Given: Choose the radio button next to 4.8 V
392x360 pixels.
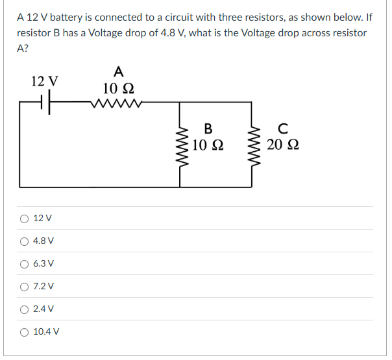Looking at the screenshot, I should [x=24, y=241].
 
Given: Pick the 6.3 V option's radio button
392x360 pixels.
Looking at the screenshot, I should [x=24, y=263].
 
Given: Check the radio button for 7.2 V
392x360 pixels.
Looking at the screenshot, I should [x=24, y=286].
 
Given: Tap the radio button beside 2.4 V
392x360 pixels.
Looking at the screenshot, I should [x=24, y=309].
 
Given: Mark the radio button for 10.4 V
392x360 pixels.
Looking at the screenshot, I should [x=24, y=331].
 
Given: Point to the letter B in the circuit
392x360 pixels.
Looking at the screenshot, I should [x=208, y=128].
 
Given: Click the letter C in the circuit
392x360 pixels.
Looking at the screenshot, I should [x=282, y=128].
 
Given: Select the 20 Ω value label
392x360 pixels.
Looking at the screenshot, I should [x=283, y=144].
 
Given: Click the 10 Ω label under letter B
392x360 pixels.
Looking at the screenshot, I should [x=208, y=144].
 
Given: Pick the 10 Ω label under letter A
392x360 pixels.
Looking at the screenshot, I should [x=117, y=87].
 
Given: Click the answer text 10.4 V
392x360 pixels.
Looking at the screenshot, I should [x=46, y=331].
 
